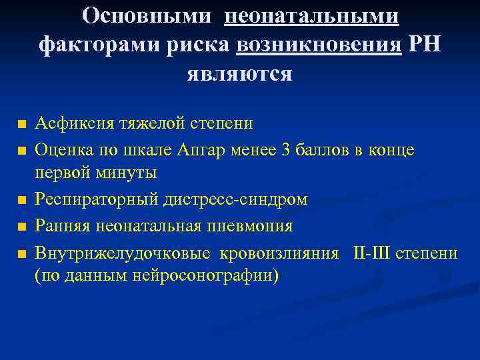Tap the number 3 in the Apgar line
tap(287, 150)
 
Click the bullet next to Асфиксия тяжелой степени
tap(22, 125)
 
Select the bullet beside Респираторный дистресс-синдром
tap(22, 199)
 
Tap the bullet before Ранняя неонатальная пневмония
tap(22, 227)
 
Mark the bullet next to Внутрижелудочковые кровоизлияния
tap(22, 255)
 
